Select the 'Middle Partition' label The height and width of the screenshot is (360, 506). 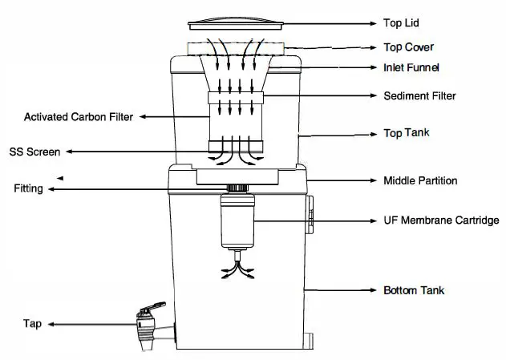pyautogui.click(x=421, y=180)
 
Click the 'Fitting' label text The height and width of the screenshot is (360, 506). pyautogui.click(x=28, y=189)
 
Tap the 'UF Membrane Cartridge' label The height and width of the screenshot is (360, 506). pyautogui.click(x=442, y=220)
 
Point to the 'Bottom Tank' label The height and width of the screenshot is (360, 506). pyautogui.click(x=414, y=289)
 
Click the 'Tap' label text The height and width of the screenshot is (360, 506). pyautogui.click(x=32, y=324)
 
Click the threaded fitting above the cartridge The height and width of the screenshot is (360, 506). pyautogui.click(x=237, y=189)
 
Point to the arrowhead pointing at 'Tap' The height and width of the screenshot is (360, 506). pyautogui.click(x=51, y=325)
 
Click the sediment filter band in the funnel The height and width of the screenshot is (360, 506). pyautogui.click(x=237, y=100)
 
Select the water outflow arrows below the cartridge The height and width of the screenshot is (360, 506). pyautogui.click(x=238, y=267)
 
